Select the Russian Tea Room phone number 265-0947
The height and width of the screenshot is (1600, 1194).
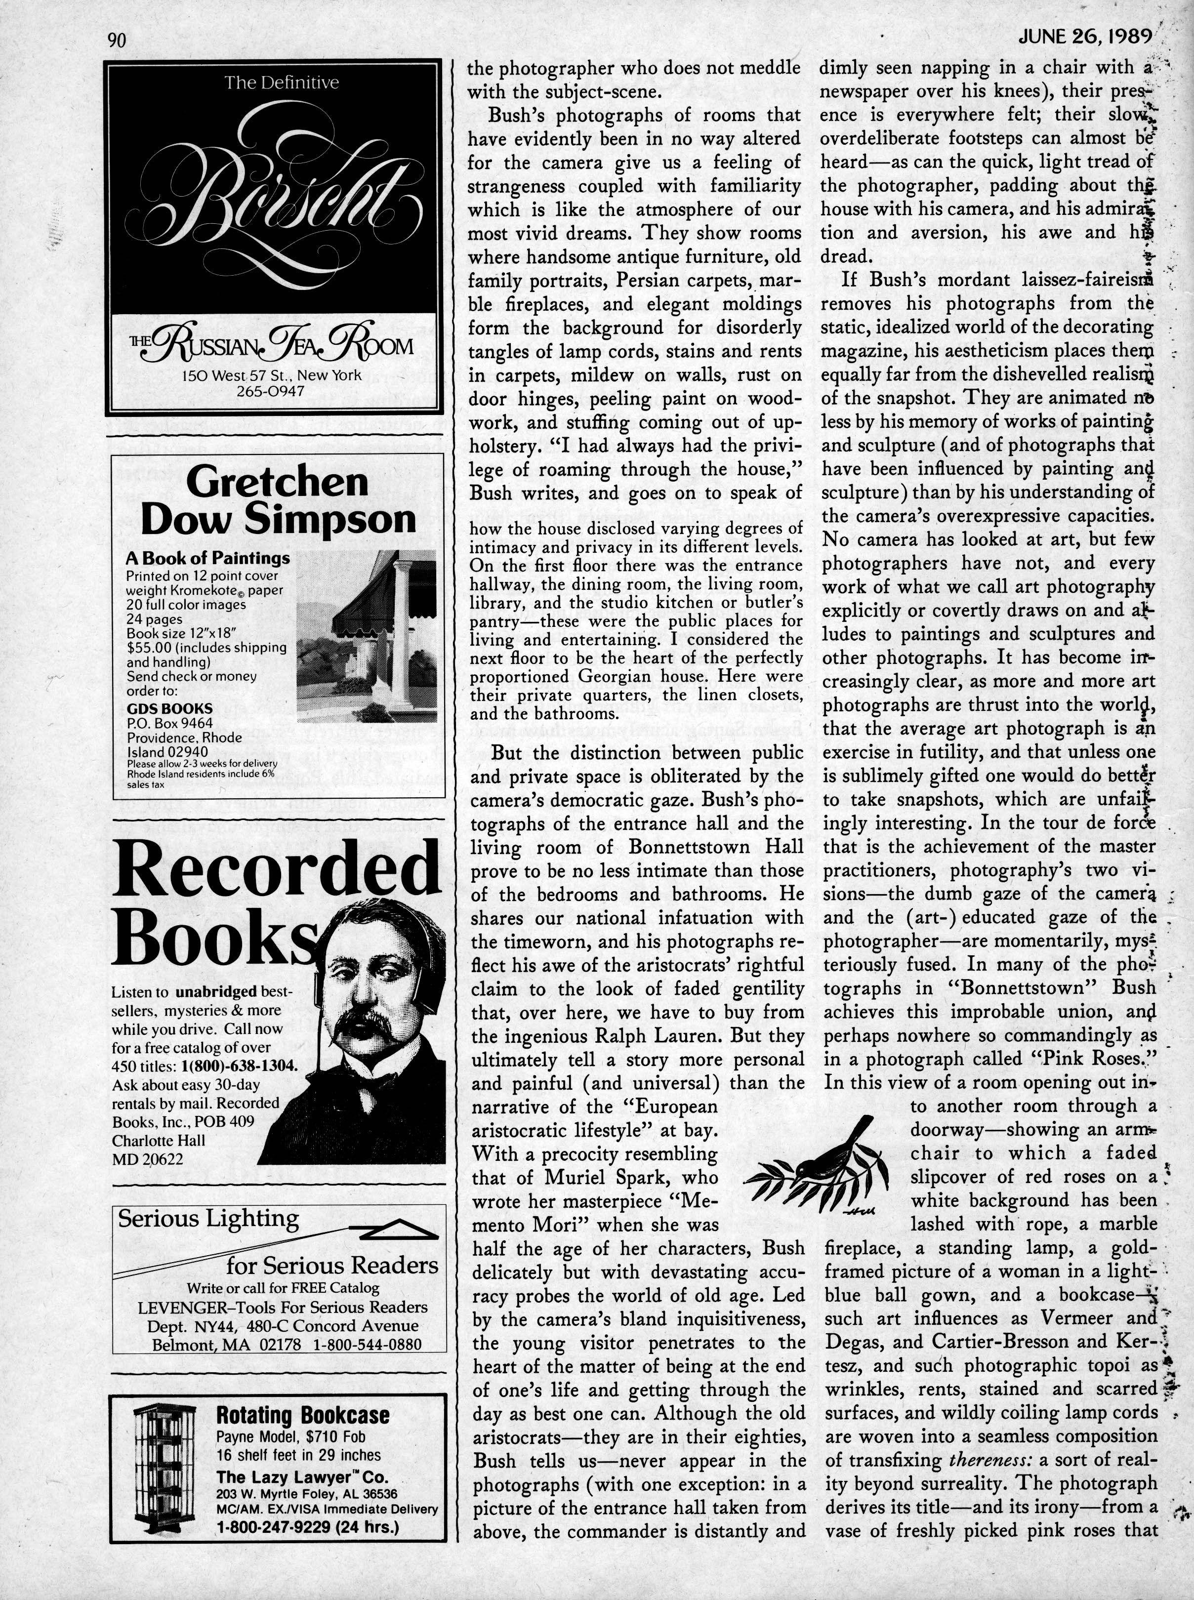271,391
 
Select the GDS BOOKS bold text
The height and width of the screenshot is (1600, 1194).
170,708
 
